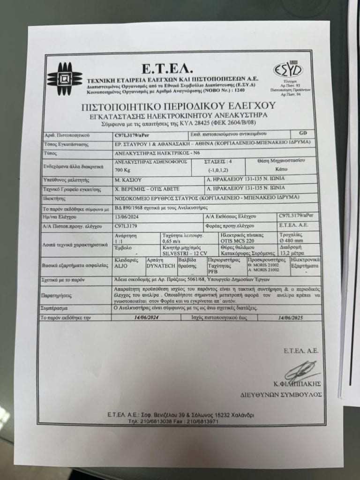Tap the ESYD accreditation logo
click(x=288, y=70)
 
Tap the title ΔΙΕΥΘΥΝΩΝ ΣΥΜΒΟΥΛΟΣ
click(x=281, y=394)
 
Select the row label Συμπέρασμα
click(x=56, y=308)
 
